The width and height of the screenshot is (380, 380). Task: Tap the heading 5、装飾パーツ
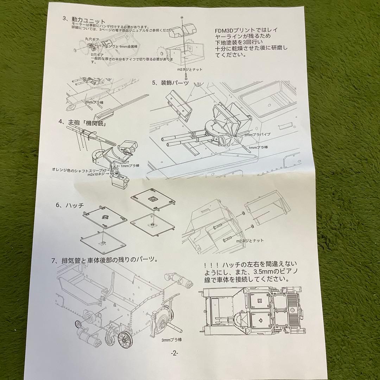pyautogui.click(x=171, y=83)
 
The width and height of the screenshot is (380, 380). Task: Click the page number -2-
pyautogui.click(x=175, y=353)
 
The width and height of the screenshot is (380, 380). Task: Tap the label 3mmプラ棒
pyautogui.click(x=172, y=340)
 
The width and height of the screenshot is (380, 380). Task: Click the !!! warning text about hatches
pyautogui.click(x=250, y=272)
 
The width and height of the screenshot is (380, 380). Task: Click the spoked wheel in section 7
pyautogui.click(x=125, y=339)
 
